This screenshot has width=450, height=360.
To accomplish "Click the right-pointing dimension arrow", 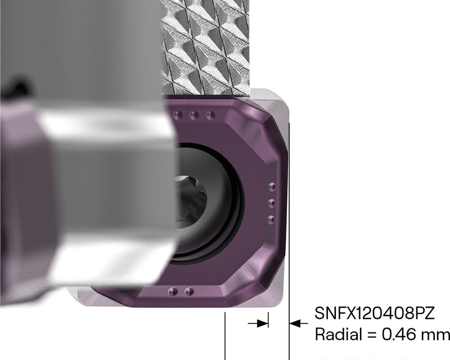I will click(260, 323).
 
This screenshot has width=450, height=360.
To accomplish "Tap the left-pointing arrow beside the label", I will click(297, 323).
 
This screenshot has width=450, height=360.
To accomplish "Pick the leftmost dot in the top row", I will click(179, 115).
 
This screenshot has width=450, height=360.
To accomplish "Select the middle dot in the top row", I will click(195, 115).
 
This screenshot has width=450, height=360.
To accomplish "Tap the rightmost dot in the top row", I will click(210, 115).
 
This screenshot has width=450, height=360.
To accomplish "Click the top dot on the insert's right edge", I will click(272, 187).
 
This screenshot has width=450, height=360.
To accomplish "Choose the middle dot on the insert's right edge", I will click(272, 202).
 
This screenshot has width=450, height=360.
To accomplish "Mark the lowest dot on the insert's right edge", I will click(272, 218).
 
